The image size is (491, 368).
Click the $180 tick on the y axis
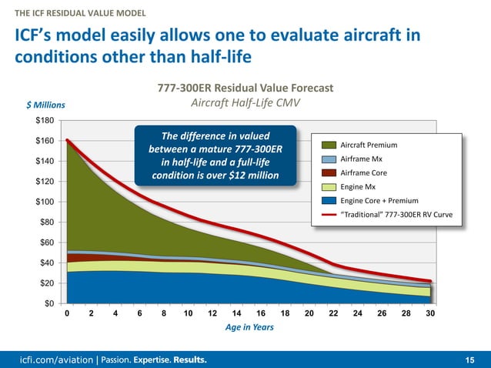pyautogui.click(x=47, y=121)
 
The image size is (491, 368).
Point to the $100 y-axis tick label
pyautogui.click(x=47, y=202)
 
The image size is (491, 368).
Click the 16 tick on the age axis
pyautogui.click(x=261, y=314)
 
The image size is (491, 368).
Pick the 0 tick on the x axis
pyautogui.click(x=68, y=314)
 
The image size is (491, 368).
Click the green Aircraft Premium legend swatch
pyautogui.click(x=329, y=145)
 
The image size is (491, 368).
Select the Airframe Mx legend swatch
pyautogui.click(x=329, y=159)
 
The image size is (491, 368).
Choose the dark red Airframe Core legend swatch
pyautogui.click(x=329, y=172)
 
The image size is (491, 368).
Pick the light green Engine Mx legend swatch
pyautogui.click(x=329, y=186)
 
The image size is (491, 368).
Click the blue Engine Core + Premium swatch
pyautogui.click(x=329, y=200)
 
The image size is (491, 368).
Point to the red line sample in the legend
pyautogui.click(x=329, y=214)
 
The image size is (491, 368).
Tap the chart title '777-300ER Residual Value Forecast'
pyautogui.click(x=245, y=88)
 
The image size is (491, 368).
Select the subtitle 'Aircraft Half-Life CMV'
pyautogui.click(x=245, y=102)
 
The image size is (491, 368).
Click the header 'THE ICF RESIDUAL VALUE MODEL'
pyautogui.click(x=75, y=13)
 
